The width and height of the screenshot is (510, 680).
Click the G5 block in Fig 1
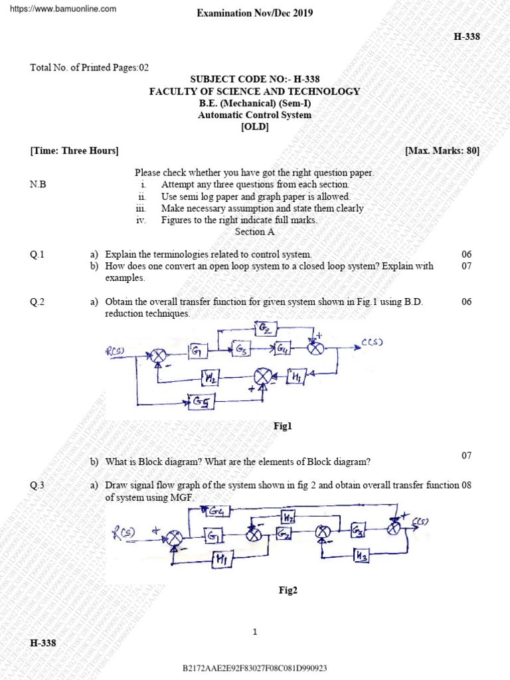200,400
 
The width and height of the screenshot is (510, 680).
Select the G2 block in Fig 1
266,327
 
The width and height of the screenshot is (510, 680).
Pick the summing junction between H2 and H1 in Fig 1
264,377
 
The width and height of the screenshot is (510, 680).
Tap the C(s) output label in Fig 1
373,343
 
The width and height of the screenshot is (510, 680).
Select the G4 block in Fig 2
216,511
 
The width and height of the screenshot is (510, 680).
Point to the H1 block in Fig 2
220,559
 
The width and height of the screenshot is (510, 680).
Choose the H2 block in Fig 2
288,517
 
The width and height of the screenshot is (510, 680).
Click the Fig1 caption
283,426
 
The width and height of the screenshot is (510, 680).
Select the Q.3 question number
37,485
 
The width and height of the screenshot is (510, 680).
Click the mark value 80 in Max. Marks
471,151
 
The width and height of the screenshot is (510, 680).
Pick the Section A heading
254,232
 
